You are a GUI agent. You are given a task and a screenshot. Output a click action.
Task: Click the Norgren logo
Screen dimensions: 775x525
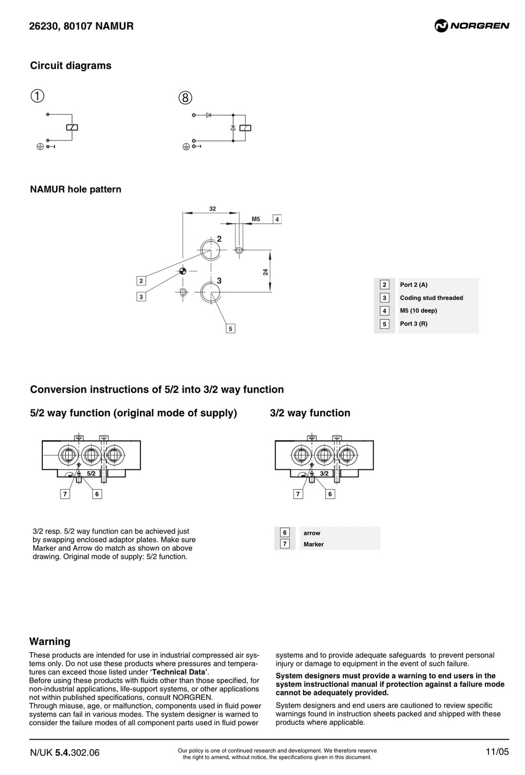coord(472,25)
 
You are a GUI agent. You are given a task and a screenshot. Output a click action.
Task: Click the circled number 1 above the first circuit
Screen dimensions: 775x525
coord(37,96)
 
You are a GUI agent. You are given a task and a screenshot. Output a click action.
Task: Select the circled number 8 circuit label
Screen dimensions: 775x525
coord(185,98)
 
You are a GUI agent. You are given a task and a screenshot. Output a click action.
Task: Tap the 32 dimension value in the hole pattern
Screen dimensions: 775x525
coord(212,209)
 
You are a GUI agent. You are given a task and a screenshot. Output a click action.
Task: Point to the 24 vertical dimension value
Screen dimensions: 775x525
coord(265,272)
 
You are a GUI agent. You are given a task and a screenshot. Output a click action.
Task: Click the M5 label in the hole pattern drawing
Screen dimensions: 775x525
coord(256,219)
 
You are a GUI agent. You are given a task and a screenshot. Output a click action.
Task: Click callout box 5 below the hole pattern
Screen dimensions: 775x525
coord(230,329)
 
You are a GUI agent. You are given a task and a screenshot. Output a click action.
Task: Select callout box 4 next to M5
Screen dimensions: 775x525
coord(277,219)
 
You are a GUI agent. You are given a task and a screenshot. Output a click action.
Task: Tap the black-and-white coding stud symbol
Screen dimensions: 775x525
coord(183,271)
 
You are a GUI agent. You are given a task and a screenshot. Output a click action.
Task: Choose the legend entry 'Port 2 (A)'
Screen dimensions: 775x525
coord(413,285)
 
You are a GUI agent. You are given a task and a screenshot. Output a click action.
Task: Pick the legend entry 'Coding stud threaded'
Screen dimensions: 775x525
coord(431,298)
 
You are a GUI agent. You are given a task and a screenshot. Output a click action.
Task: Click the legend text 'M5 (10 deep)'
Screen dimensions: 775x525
coord(418,311)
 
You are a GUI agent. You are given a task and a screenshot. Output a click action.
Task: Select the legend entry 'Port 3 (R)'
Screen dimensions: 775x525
coord(413,324)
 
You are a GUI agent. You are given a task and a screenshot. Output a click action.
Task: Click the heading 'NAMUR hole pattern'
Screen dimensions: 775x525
coord(76,189)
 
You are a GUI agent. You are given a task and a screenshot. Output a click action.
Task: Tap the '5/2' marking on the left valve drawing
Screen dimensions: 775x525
coord(91,474)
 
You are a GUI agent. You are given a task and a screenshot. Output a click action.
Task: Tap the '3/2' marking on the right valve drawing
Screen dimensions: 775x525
coord(324,474)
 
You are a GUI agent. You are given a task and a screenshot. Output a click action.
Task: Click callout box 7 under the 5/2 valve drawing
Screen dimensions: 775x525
coord(65,494)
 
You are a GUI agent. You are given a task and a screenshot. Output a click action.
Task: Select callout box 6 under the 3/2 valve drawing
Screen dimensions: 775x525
coord(330,494)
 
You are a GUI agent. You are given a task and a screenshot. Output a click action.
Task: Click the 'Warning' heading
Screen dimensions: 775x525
coord(50,642)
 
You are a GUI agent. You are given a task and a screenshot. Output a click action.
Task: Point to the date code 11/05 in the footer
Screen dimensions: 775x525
coord(497,752)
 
